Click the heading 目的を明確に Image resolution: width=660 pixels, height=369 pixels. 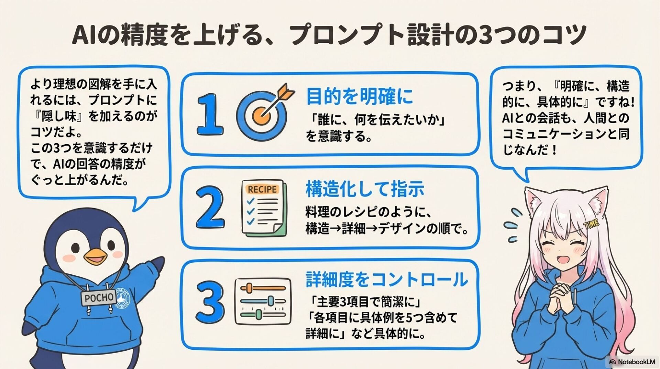pyautogui.click(x=359, y=96)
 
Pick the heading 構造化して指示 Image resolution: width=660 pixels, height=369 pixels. pyautogui.click(x=365, y=189)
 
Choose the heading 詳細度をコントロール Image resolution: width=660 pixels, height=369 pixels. pyautogui.click(x=386, y=279)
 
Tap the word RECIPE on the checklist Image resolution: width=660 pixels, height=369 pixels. pyautogui.click(x=262, y=189)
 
